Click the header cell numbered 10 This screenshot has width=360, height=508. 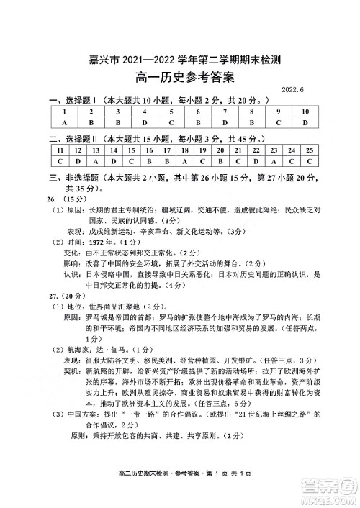[x=305, y=112]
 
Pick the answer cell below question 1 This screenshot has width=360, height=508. [x=65, y=123]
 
